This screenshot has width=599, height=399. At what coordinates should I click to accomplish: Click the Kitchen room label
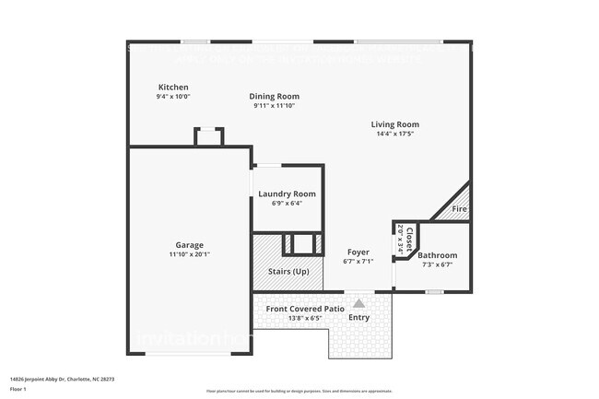click(x=173, y=88)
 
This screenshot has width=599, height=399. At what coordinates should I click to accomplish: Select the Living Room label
click(x=394, y=124)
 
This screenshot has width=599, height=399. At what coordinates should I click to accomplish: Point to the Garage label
click(x=190, y=245)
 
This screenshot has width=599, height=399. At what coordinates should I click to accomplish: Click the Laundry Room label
click(x=287, y=194)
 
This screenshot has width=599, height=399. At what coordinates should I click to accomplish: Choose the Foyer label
click(x=358, y=252)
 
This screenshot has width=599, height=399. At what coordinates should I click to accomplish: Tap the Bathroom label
click(x=437, y=255)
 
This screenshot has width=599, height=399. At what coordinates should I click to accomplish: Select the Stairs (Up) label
click(x=288, y=271)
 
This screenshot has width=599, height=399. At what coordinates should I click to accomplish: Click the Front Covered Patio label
click(x=305, y=309)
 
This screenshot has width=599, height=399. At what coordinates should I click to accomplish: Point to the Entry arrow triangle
click(x=358, y=302)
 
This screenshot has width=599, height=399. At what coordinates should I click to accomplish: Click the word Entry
click(x=359, y=318)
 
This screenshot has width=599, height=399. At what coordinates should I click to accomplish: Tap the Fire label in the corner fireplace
click(x=459, y=210)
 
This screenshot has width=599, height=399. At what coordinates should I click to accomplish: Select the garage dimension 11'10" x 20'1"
click(x=190, y=254)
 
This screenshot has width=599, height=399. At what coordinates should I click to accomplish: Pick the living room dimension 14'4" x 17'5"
click(x=394, y=134)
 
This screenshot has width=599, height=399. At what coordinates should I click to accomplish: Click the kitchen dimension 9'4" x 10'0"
click(x=173, y=97)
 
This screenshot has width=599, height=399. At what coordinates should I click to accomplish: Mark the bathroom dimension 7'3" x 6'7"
click(x=437, y=264)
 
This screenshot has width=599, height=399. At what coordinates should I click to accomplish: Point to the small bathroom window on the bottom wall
click(x=433, y=292)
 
